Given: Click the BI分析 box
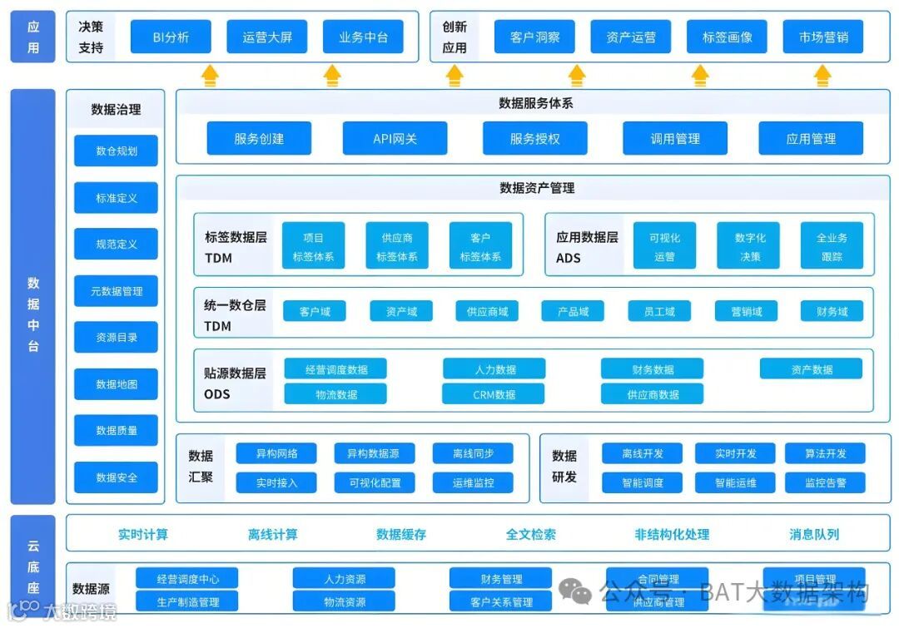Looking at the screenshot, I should click(x=171, y=37).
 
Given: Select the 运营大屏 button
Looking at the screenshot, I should click(x=267, y=37).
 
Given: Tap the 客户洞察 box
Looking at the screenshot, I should click(x=534, y=37).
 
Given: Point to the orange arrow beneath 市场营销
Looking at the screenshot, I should click(x=822, y=76).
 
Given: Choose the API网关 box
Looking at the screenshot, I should click(x=395, y=139).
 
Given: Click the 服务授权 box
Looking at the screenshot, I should click(x=534, y=139).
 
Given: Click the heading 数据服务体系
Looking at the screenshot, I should click(x=535, y=103).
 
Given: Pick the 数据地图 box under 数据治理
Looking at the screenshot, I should click(x=116, y=384).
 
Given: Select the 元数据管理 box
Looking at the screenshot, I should click(x=116, y=291).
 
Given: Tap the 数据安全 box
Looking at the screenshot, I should click(x=116, y=477).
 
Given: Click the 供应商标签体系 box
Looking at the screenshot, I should click(x=396, y=247).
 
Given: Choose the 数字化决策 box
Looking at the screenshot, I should click(x=750, y=247).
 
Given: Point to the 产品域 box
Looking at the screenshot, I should click(x=573, y=311).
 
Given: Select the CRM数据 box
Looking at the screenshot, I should click(x=494, y=394).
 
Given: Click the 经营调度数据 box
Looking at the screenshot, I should click(x=335, y=369).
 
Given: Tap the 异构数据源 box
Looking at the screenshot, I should click(x=373, y=453).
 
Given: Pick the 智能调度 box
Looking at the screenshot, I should click(x=642, y=482).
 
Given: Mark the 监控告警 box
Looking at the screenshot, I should click(x=825, y=482).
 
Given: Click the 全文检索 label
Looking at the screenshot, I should click(x=531, y=534).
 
